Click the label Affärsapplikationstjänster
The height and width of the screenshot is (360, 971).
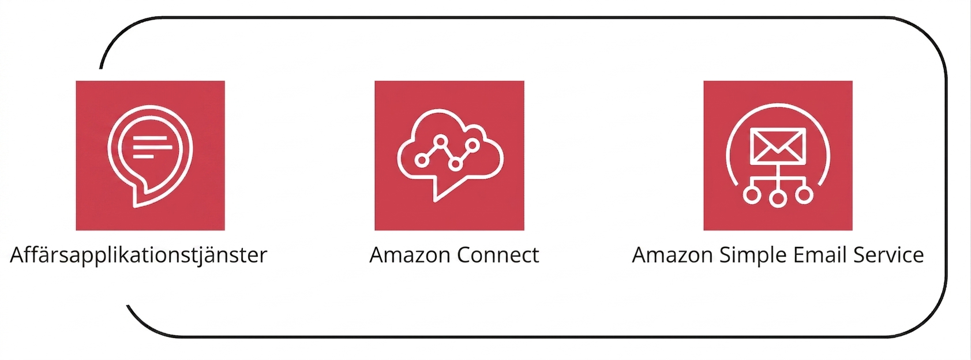pos(138,256)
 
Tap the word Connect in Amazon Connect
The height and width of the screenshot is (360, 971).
pos(498,255)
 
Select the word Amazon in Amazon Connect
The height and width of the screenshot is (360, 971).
pos(410,255)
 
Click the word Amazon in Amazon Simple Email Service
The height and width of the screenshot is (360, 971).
pos(672,255)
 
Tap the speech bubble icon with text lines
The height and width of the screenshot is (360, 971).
pos(150,156)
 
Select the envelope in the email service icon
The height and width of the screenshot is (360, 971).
pos(778,145)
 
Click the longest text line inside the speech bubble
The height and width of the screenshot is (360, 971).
pos(152,147)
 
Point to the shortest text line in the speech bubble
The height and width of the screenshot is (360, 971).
pos(143,156)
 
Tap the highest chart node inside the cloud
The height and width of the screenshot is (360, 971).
pos(441,141)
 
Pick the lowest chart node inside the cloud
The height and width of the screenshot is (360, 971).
pos(456,164)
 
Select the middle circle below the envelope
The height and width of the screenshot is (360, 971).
pos(778,199)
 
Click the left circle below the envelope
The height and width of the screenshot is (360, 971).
pos(752,195)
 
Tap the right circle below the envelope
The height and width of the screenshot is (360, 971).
pos(804,195)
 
